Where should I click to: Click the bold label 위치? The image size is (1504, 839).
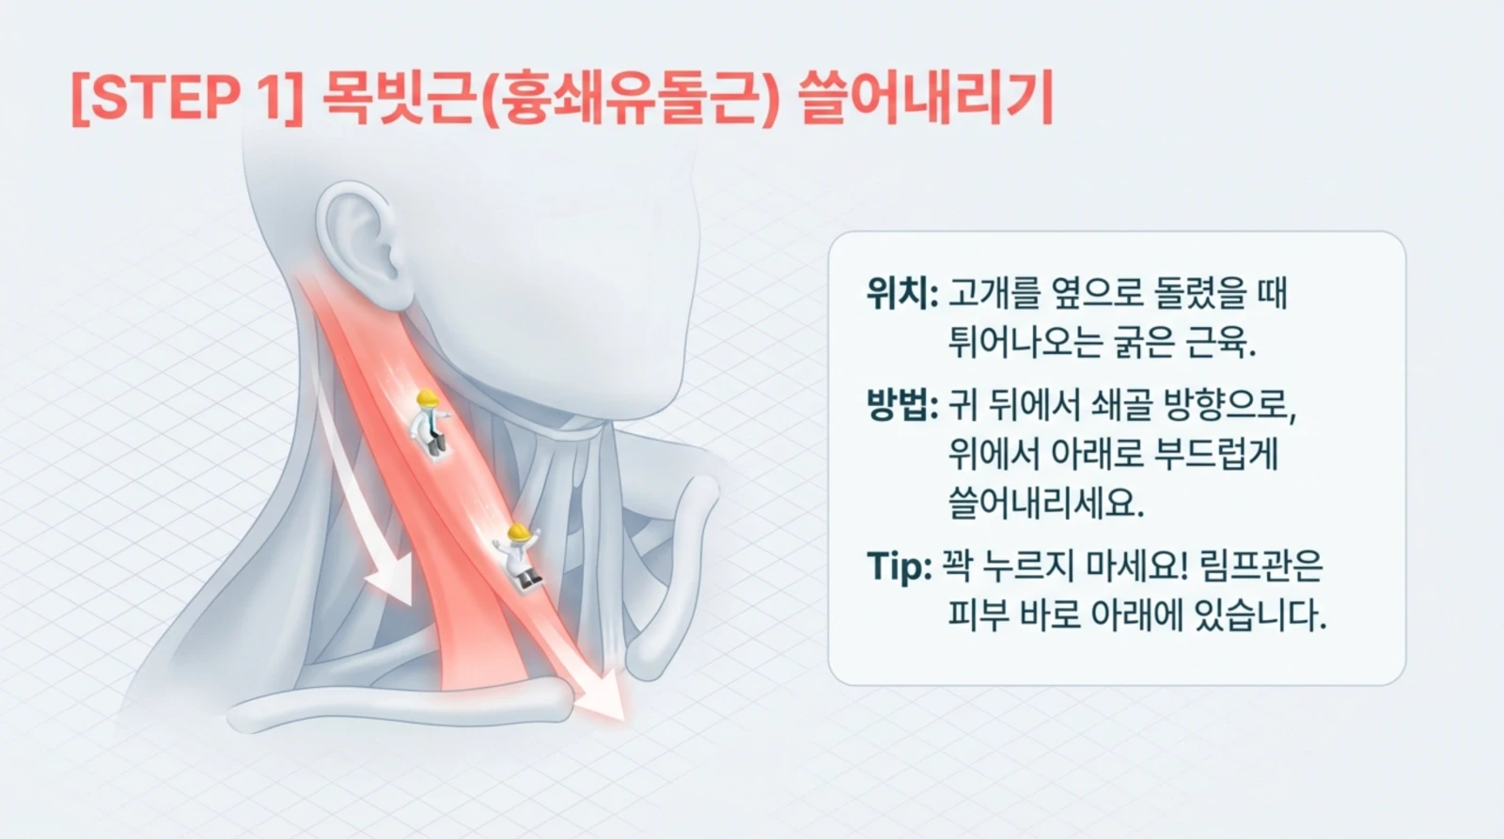[x=901, y=295]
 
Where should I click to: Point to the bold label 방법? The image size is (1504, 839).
[x=901, y=407]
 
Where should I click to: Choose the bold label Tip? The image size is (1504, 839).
[x=898, y=567]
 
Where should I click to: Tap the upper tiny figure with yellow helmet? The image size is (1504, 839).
[x=430, y=423]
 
